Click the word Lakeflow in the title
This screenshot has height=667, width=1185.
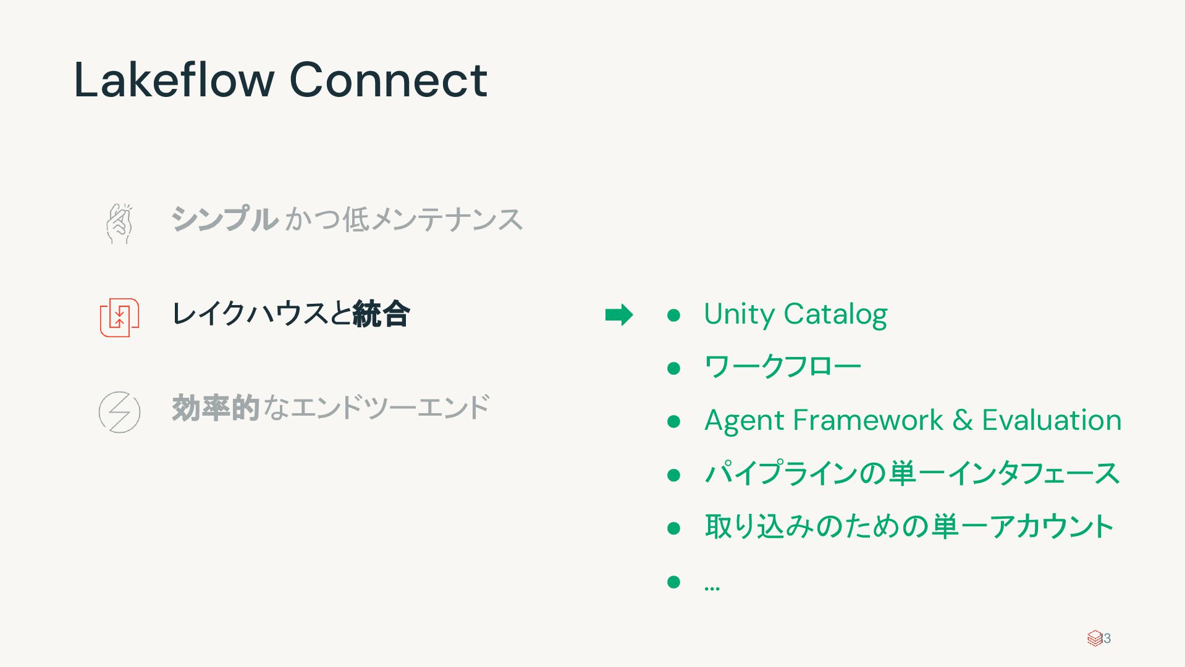(174, 80)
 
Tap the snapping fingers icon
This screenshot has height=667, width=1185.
(119, 224)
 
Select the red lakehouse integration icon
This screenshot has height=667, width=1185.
(119, 317)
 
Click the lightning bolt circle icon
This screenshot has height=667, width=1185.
(119, 412)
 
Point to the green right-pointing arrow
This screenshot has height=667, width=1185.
(618, 315)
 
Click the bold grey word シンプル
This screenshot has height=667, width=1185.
(224, 220)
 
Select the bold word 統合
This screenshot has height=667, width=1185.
(381, 314)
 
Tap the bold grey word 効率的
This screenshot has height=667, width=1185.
(215, 408)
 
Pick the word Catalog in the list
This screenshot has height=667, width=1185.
(835, 314)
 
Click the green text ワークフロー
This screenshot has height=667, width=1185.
(782, 367)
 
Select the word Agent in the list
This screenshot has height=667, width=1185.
(743, 421)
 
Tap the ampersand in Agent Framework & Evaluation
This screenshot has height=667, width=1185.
(962, 421)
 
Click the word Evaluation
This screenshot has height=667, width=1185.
(1052, 421)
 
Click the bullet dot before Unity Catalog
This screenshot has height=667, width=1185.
(673, 316)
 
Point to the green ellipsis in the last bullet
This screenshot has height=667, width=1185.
(712, 587)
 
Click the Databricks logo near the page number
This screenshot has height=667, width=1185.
(1094, 638)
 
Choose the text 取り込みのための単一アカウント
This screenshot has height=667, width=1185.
(909, 527)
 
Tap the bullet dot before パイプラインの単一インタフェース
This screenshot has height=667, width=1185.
(673, 475)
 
